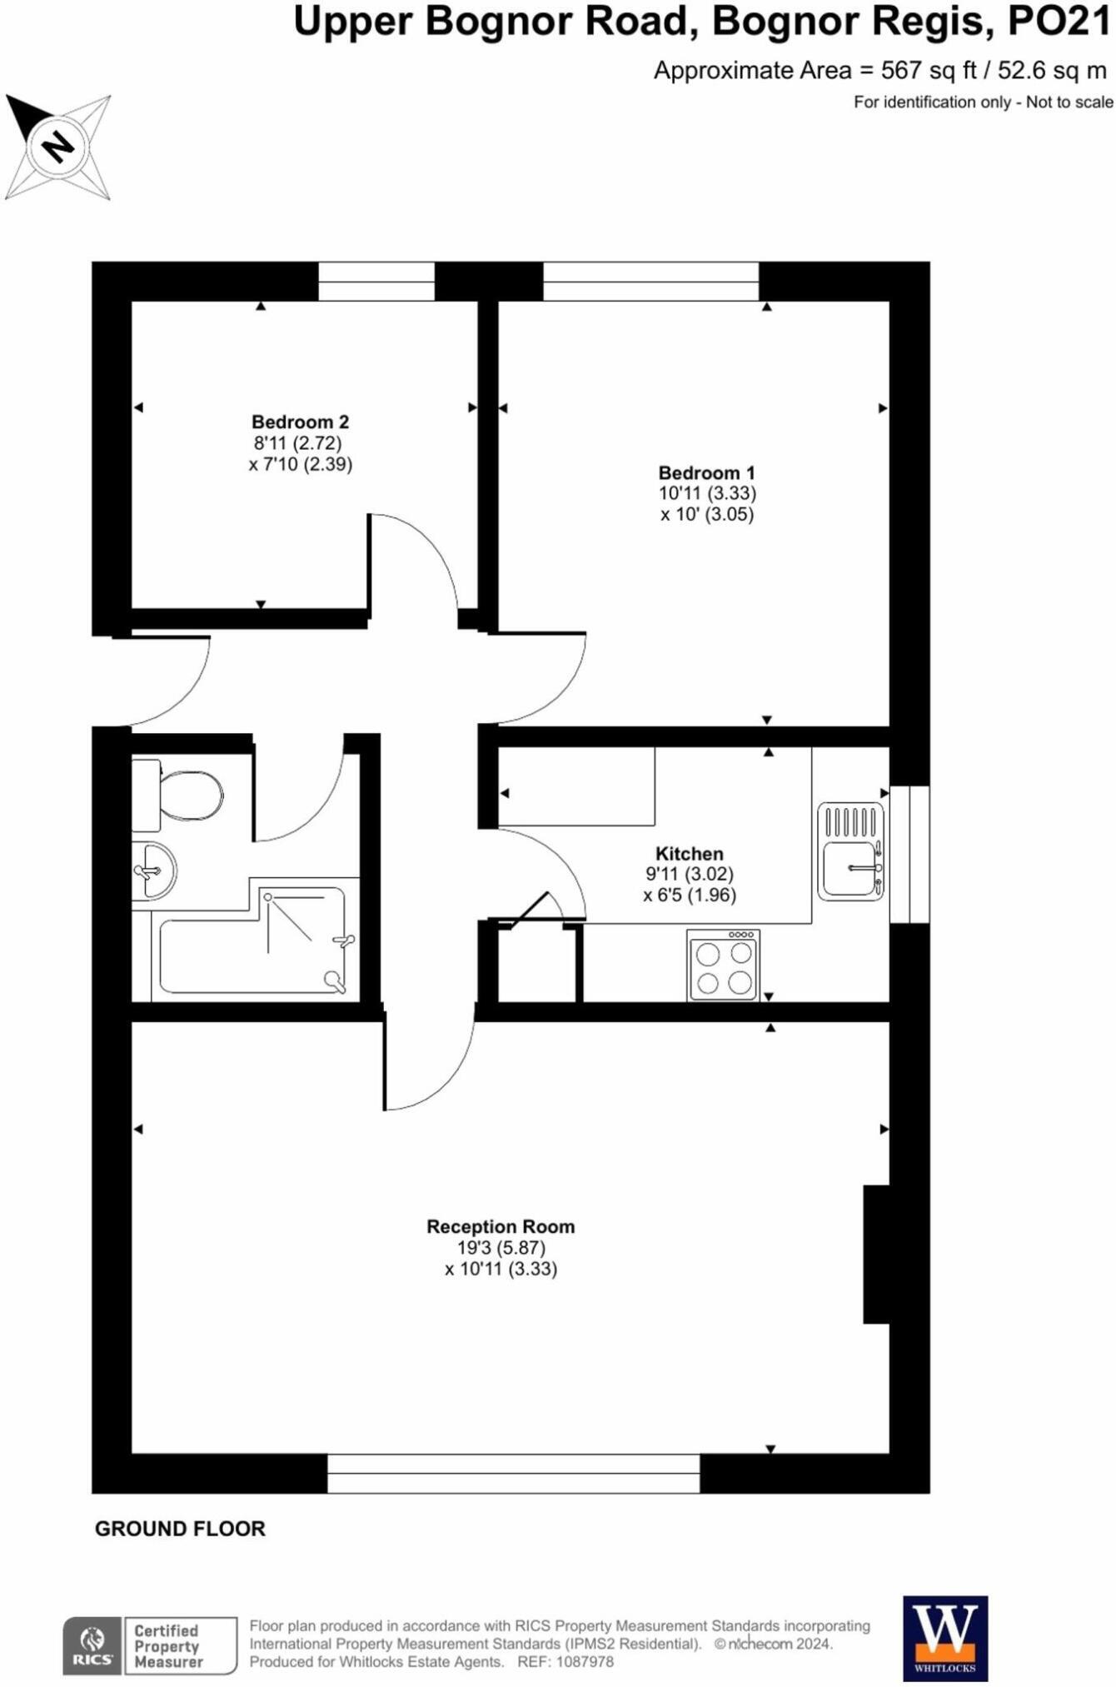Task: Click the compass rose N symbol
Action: tap(57, 147)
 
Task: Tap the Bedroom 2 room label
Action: tap(300, 422)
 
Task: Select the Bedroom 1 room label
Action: tap(706, 473)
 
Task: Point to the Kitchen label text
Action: tap(689, 854)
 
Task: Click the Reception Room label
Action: tap(501, 1226)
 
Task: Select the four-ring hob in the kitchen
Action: tap(723, 966)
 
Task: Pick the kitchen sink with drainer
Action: tap(850, 851)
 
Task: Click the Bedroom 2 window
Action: tap(376, 282)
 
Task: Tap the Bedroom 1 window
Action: tap(650, 282)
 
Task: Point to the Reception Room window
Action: tap(513, 1474)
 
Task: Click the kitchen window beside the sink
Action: tap(909, 854)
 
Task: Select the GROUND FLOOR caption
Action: tap(180, 1529)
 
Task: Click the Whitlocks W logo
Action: tap(945, 1637)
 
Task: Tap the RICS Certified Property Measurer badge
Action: tap(150, 1645)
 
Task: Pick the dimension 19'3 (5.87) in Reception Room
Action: tap(501, 1248)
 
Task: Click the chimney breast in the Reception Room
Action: tap(877, 1254)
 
